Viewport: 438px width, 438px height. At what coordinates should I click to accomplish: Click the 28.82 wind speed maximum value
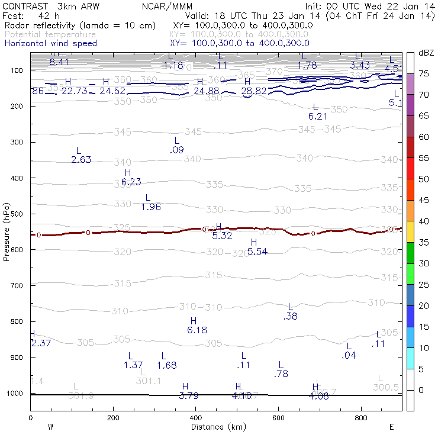click(254, 91)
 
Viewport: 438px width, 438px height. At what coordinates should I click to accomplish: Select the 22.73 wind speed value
click(75, 91)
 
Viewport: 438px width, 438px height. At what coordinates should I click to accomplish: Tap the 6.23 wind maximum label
click(131, 182)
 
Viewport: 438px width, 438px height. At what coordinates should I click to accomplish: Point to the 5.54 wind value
click(257, 252)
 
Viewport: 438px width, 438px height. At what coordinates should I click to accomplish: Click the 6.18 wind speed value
click(197, 330)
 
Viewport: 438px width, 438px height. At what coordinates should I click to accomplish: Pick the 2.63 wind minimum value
click(81, 160)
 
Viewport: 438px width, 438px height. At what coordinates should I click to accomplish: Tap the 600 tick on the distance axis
click(279, 418)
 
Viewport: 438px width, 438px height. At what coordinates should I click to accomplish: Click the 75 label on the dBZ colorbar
click(424, 74)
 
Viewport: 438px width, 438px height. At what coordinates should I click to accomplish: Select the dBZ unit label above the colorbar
click(426, 53)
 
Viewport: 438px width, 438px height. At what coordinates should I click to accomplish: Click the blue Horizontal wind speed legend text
click(50, 43)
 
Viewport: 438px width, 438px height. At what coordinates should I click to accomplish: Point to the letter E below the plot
click(391, 426)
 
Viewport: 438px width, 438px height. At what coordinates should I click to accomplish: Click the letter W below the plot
click(50, 426)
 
